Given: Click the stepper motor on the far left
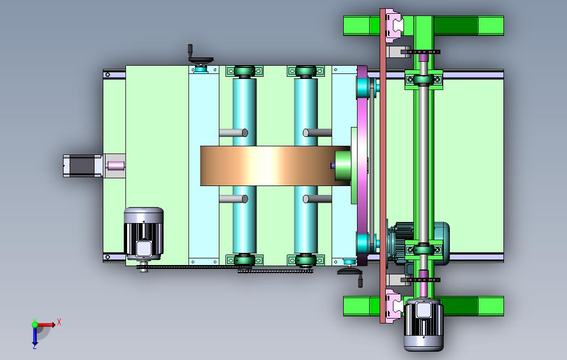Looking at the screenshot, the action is [83, 166].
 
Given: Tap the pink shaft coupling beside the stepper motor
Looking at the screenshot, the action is [116, 166].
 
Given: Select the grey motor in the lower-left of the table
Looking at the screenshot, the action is [144, 234].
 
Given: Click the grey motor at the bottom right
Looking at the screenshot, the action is [423, 325].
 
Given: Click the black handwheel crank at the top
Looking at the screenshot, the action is [199, 57].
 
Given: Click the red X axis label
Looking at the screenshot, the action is [59, 322].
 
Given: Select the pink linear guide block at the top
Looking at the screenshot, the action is [394, 25].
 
